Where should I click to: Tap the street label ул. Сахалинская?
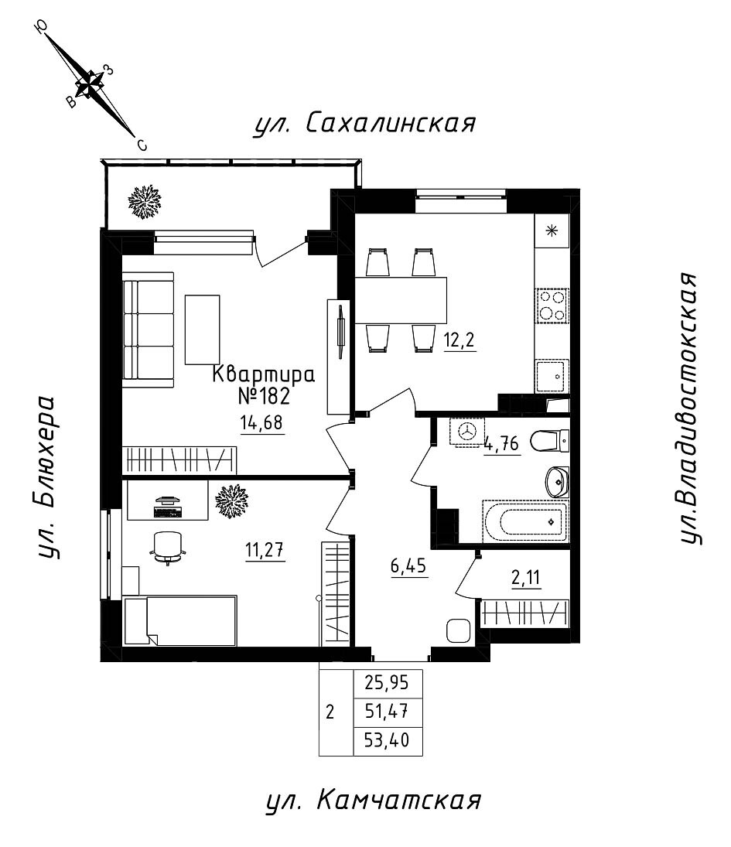(364, 123)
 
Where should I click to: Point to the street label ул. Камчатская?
(373, 801)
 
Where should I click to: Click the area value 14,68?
(262, 422)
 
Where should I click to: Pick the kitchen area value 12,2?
(459, 340)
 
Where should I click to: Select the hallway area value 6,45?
(408, 566)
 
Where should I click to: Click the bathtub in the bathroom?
(525, 521)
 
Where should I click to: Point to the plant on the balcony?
(144, 201)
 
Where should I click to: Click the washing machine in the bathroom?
(466, 432)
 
